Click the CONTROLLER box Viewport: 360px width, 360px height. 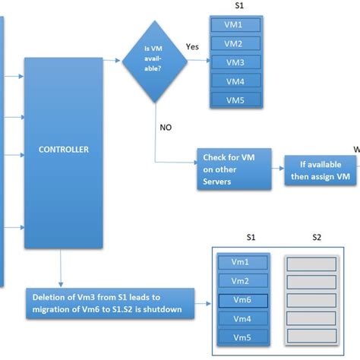tap(63, 150)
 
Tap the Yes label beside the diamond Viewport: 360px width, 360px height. tap(193, 47)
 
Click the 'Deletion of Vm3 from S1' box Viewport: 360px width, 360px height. tap(109, 302)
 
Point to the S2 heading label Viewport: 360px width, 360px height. tap(317, 238)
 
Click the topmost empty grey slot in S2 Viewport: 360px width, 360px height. tap(311, 263)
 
